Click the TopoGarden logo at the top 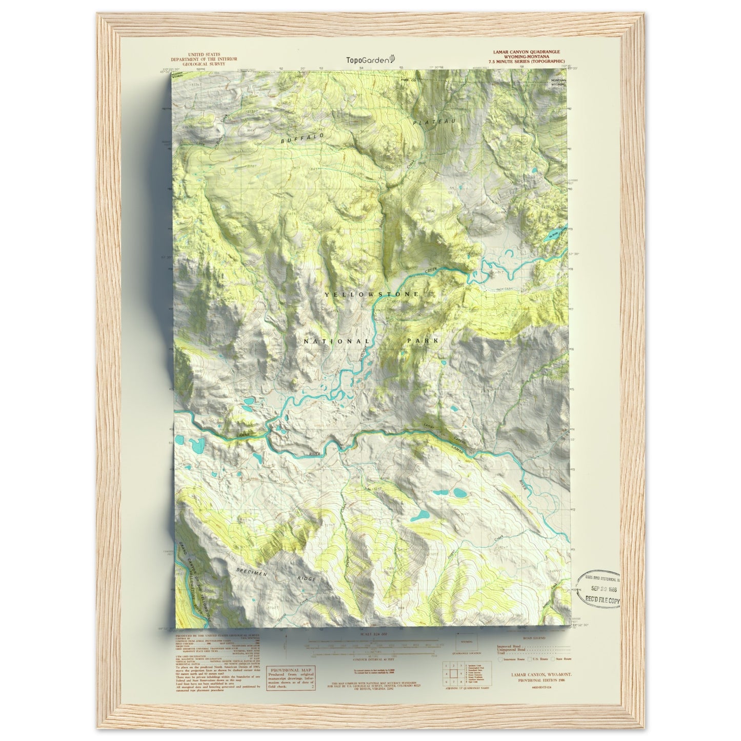pyautogui.click(x=370, y=59)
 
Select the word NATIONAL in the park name pyautogui.click(x=336, y=342)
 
